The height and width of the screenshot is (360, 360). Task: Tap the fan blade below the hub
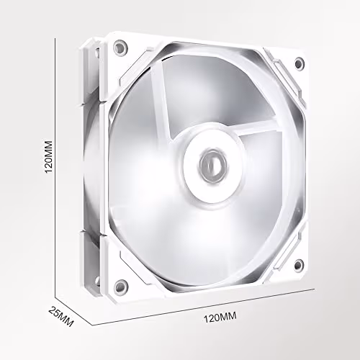(216, 238)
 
